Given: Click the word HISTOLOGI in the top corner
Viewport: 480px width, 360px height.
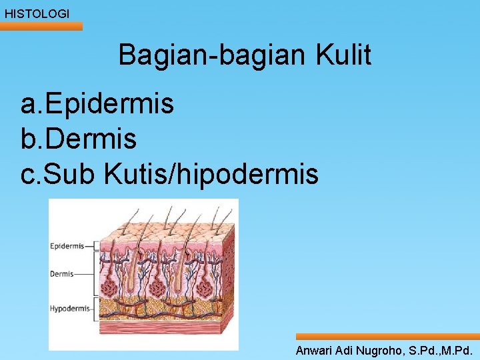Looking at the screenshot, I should click(x=37, y=13).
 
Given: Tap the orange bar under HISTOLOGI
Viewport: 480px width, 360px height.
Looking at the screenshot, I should click(x=41, y=27).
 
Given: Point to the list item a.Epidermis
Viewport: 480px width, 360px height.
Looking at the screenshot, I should click(x=97, y=104).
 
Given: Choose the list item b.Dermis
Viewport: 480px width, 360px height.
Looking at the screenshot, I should click(x=79, y=139).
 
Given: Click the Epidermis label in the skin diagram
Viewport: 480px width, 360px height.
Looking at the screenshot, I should click(x=67, y=246).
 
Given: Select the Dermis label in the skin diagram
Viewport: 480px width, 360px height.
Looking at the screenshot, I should click(x=62, y=273).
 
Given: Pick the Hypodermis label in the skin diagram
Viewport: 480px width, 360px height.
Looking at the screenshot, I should click(x=69, y=309).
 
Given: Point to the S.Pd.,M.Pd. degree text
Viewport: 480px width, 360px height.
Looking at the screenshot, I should click(x=440, y=350).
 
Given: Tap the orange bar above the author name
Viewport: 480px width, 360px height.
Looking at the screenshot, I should click(x=387, y=337).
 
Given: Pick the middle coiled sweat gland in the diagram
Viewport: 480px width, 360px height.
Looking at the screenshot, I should click(x=157, y=287).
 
